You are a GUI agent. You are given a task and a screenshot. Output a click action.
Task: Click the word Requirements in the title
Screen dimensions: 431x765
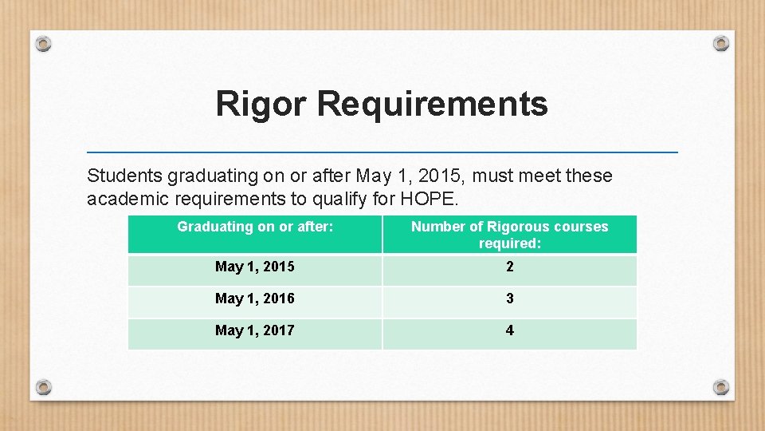click(433, 105)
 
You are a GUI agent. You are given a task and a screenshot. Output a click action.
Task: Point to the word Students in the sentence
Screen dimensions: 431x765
click(124, 176)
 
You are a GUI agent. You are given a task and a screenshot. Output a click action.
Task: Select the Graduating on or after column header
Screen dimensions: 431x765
click(255, 227)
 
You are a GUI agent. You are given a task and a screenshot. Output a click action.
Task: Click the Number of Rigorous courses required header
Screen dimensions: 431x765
click(509, 235)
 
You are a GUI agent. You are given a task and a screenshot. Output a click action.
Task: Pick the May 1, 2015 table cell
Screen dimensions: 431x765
click(255, 267)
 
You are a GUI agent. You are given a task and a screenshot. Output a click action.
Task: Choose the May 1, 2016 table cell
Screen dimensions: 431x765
click(255, 299)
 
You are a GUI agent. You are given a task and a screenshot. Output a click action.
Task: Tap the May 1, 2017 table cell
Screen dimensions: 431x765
click(255, 330)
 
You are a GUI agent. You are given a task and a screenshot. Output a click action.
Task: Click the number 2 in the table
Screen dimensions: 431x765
click(510, 267)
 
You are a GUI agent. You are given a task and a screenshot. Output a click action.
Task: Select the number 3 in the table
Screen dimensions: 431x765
click(510, 299)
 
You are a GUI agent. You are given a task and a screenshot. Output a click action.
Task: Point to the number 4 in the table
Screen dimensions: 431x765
click(510, 330)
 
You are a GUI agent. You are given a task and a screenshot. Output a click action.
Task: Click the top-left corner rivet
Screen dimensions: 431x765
click(44, 43)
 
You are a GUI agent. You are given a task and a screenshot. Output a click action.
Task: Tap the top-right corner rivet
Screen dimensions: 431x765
click(720, 43)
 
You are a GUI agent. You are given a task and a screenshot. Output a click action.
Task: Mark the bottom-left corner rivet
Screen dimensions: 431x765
click(44, 387)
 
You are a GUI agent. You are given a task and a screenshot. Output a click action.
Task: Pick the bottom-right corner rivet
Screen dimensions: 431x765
click(720, 387)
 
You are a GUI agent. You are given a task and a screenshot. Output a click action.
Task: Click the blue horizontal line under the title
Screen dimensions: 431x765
click(382, 152)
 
